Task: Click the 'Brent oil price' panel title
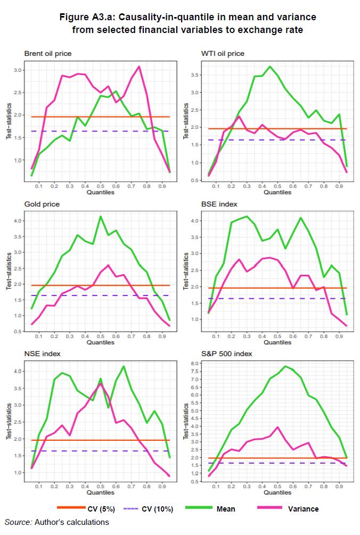(x=48, y=53)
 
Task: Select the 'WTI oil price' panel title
(x=223, y=53)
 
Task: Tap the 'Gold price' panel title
(x=42, y=204)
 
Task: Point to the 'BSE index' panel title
(x=219, y=204)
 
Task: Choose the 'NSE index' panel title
(x=43, y=354)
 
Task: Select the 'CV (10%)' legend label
(x=158, y=509)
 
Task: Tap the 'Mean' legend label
(x=226, y=509)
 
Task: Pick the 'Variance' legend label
(x=303, y=509)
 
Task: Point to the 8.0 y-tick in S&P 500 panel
(x=195, y=363)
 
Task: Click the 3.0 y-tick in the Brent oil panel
(x=18, y=70)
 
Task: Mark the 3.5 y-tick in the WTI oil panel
(x=195, y=75)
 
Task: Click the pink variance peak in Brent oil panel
(x=139, y=67)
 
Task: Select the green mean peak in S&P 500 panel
(x=285, y=366)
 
